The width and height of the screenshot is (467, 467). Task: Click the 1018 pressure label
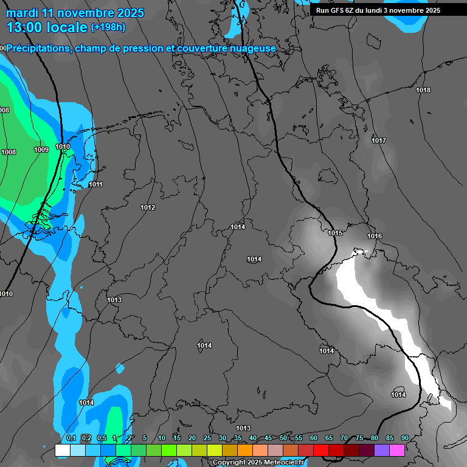(x=423, y=90)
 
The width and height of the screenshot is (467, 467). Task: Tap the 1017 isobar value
(x=379, y=140)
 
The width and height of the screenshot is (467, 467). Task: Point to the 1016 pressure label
(x=375, y=236)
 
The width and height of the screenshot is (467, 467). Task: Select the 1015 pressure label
(x=335, y=233)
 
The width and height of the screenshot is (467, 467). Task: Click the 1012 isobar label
(x=148, y=207)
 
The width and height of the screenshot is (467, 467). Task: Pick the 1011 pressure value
(x=95, y=184)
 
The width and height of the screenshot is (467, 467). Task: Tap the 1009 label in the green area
(x=41, y=150)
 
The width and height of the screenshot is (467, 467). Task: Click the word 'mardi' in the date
(x=22, y=13)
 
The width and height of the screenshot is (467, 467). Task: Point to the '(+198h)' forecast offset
(x=108, y=27)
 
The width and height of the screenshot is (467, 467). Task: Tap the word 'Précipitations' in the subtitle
(x=38, y=49)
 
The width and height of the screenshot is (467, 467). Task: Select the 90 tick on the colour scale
(x=404, y=438)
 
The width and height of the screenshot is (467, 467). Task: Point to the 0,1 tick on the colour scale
(x=71, y=438)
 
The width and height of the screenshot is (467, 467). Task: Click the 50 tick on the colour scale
(x=283, y=438)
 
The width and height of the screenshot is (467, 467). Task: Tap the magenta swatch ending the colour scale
(x=396, y=450)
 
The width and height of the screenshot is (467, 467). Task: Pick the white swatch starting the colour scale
(x=62, y=450)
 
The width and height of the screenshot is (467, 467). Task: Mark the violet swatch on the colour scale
(x=381, y=450)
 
